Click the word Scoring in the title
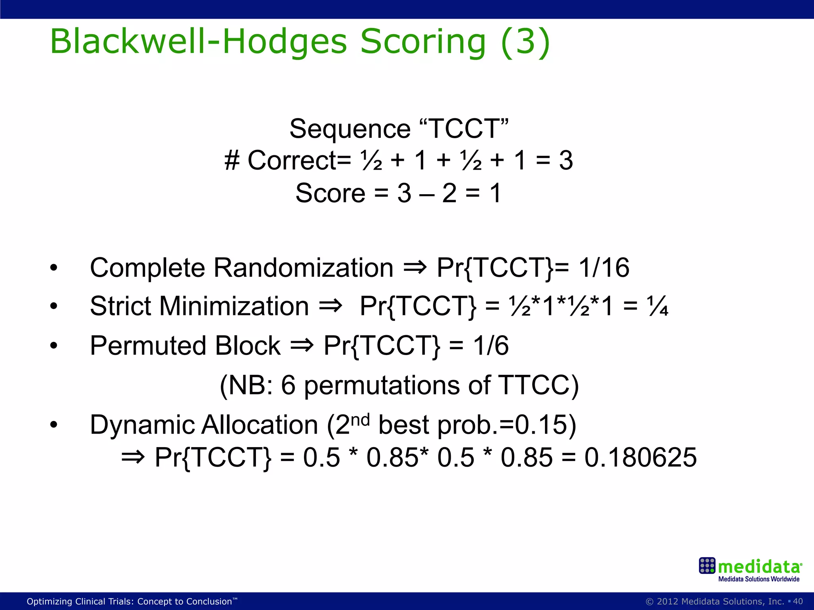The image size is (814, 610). pos(423,42)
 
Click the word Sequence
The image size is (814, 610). pos(350,129)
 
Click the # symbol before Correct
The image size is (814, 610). pos(232,161)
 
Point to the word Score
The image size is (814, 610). pos(330,193)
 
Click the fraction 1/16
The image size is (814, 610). pos(604,268)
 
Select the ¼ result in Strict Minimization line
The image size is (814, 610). pos(658,306)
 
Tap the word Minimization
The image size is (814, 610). pos(234,306)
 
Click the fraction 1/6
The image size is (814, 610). pos(491,346)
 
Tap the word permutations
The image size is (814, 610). pos(382,386)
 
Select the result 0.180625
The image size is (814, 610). pos(640,457)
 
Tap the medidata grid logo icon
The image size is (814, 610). pos(707,566)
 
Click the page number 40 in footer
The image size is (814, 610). pos(798,601)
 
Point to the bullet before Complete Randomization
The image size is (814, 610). pos(54,268)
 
